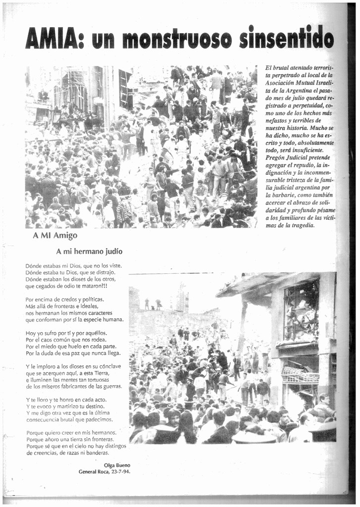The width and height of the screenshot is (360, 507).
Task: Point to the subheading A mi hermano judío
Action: (x=89, y=251)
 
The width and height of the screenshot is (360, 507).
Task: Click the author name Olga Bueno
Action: (x=117, y=465)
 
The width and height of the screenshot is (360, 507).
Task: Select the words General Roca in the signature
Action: (x=92, y=472)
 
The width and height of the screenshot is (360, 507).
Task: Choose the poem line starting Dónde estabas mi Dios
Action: (x=73, y=265)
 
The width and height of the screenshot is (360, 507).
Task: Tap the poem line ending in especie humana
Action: (x=74, y=319)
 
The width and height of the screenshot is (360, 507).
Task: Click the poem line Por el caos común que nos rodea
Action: (x=66, y=340)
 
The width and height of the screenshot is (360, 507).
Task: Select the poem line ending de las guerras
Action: (x=74, y=386)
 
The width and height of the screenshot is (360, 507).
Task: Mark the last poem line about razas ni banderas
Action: (x=67, y=453)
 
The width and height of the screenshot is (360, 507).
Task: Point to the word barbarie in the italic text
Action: (x=282, y=195)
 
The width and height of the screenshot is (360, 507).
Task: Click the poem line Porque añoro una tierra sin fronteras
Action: (x=70, y=439)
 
